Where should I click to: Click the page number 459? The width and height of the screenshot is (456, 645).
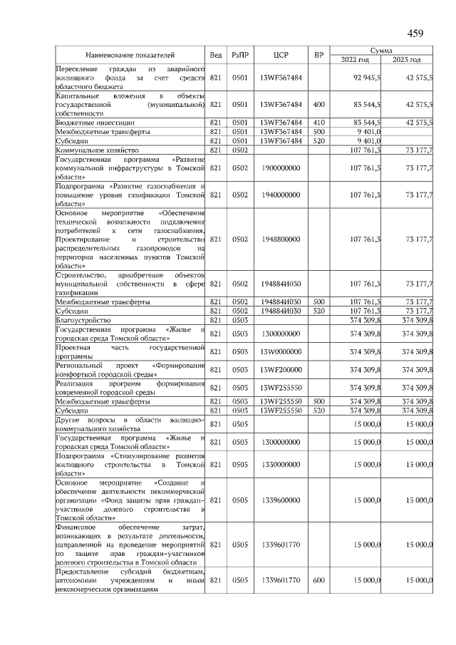point(415,33)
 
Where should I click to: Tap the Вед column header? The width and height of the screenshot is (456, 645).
point(216,55)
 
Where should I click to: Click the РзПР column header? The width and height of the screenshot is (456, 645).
point(240,55)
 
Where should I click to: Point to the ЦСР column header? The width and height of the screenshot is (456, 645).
point(280,55)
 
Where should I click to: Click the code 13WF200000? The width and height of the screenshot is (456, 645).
point(280,370)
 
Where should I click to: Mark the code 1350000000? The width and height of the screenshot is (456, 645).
point(280,464)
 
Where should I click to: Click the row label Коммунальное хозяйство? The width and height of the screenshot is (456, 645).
point(97,150)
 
